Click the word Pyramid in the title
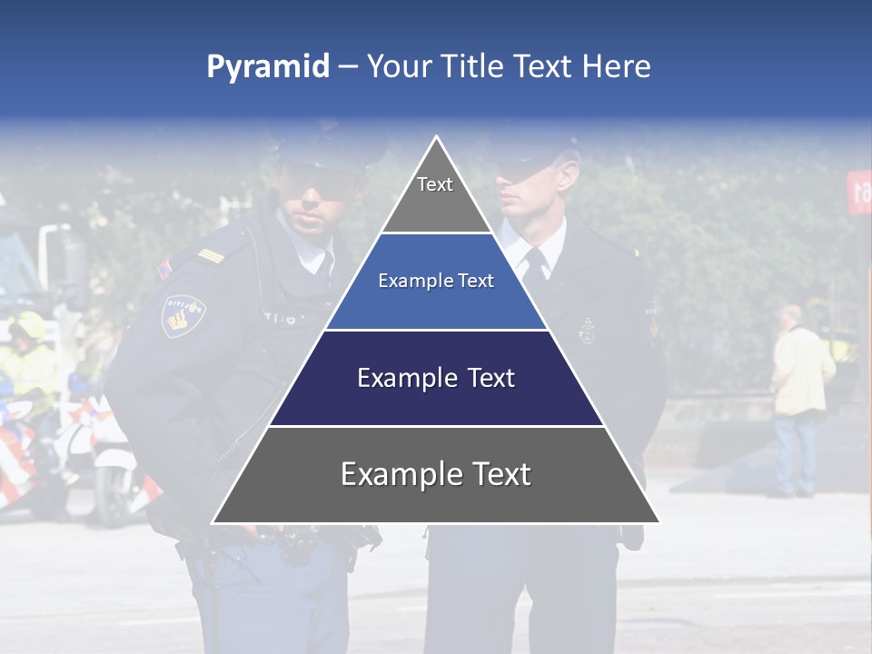point(268,67)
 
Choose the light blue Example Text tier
point(436,282)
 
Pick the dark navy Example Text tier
point(436,378)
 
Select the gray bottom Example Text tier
point(436,474)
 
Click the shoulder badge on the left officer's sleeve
point(183,314)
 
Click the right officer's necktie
point(536,263)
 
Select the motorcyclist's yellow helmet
point(27,325)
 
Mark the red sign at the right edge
point(859,191)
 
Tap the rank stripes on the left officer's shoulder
point(211,257)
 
